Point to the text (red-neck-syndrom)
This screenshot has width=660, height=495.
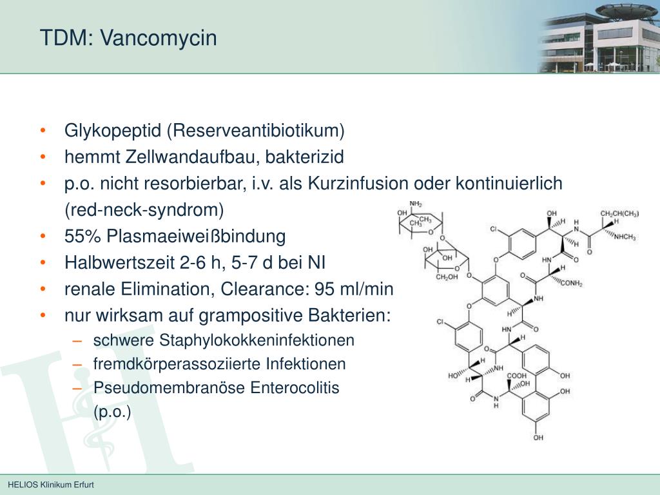click(x=144, y=209)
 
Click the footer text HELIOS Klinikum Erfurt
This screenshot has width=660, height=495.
click(x=51, y=485)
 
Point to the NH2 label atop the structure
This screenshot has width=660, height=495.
click(x=415, y=204)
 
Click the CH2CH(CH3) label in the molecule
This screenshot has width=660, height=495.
click(x=619, y=213)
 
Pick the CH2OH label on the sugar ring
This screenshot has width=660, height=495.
click(x=447, y=277)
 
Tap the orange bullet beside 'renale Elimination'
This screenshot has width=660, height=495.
click(x=43, y=290)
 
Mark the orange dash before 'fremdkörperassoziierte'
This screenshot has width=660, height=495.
click(x=77, y=364)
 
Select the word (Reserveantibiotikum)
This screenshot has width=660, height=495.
click(x=256, y=131)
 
